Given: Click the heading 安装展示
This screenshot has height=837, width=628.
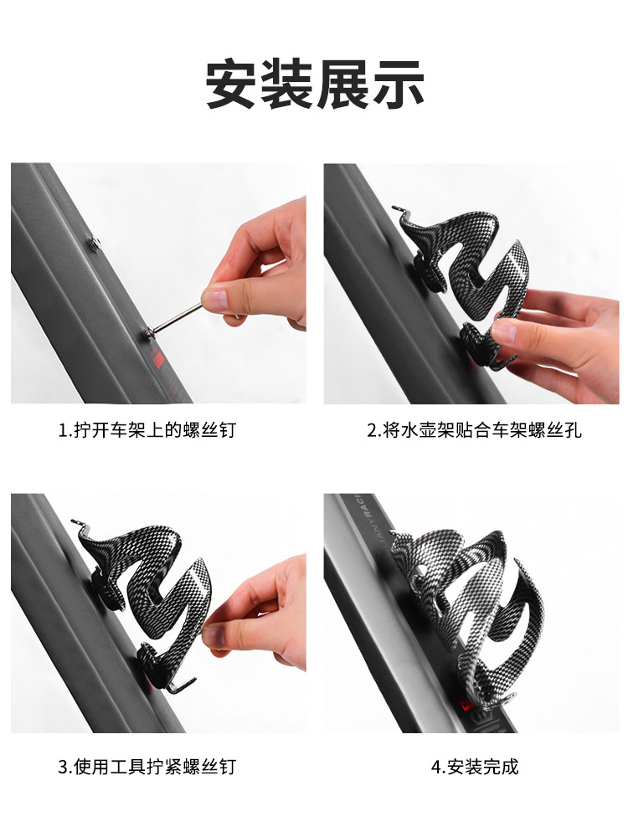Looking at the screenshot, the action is (x=314, y=85).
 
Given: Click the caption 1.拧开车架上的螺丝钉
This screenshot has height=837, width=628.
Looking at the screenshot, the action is (x=147, y=429).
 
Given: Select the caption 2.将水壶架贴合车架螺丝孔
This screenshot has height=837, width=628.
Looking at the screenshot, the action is (x=474, y=429).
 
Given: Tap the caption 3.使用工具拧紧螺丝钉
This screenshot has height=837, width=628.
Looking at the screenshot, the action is (x=147, y=767).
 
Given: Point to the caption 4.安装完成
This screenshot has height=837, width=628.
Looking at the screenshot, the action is (x=475, y=767).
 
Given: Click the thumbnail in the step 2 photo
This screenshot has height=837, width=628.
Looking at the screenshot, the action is (x=505, y=331).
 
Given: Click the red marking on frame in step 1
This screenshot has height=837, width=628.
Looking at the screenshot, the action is (x=158, y=360).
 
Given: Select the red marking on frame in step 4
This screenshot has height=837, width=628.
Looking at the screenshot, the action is (x=468, y=705).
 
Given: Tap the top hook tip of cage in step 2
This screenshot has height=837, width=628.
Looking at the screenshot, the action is (x=395, y=208).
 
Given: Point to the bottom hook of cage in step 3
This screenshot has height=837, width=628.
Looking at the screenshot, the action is (x=182, y=686).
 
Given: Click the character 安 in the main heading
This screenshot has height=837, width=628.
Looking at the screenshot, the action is (x=232, y=85).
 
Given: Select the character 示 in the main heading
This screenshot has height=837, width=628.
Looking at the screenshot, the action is (x=398, y=85).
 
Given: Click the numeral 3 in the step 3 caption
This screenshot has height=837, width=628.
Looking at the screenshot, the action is (x=63, y=767).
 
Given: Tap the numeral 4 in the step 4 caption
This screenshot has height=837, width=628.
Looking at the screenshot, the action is (x=436, y=767).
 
